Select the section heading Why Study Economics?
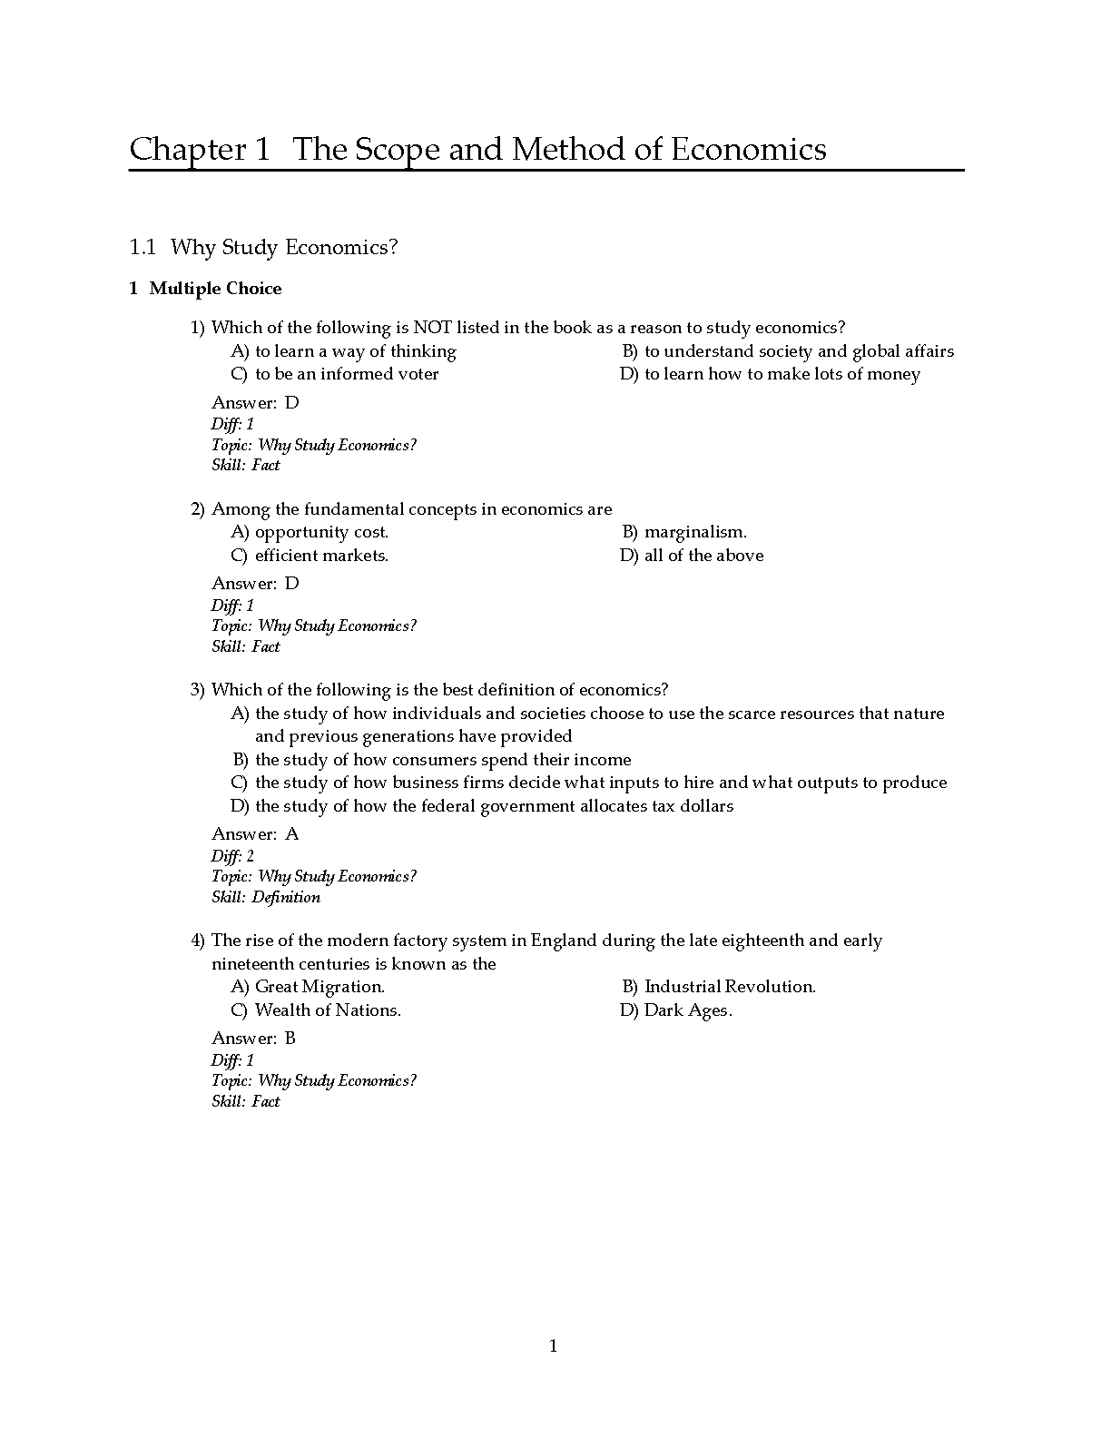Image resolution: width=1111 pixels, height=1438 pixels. click(284, 247)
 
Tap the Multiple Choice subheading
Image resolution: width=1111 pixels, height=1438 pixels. click(215, 289)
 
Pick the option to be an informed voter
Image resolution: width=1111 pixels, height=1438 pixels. click(346, 374)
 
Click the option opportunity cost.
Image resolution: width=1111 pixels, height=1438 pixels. click(321, 532)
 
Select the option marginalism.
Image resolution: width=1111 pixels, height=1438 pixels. click(695, 532)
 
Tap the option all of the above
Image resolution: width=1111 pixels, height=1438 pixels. click(703, 556)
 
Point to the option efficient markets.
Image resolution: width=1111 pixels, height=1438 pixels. click(321, 556)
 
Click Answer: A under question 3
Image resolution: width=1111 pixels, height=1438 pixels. click(255, 833)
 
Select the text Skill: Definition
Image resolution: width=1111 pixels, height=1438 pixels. click(266, 897)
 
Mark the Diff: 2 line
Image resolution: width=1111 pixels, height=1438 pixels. click(232, 855)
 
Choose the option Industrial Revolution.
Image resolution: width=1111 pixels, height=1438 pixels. click(730, 987)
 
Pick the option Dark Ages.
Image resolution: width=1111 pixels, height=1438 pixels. click(687, 1010)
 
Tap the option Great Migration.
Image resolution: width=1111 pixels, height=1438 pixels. click(320, 987)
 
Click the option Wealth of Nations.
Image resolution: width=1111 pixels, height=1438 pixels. click(328, 1010)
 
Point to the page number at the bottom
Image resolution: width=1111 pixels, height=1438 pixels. click(554, 1345)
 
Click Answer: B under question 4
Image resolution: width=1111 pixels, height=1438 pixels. click(254, 1038)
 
